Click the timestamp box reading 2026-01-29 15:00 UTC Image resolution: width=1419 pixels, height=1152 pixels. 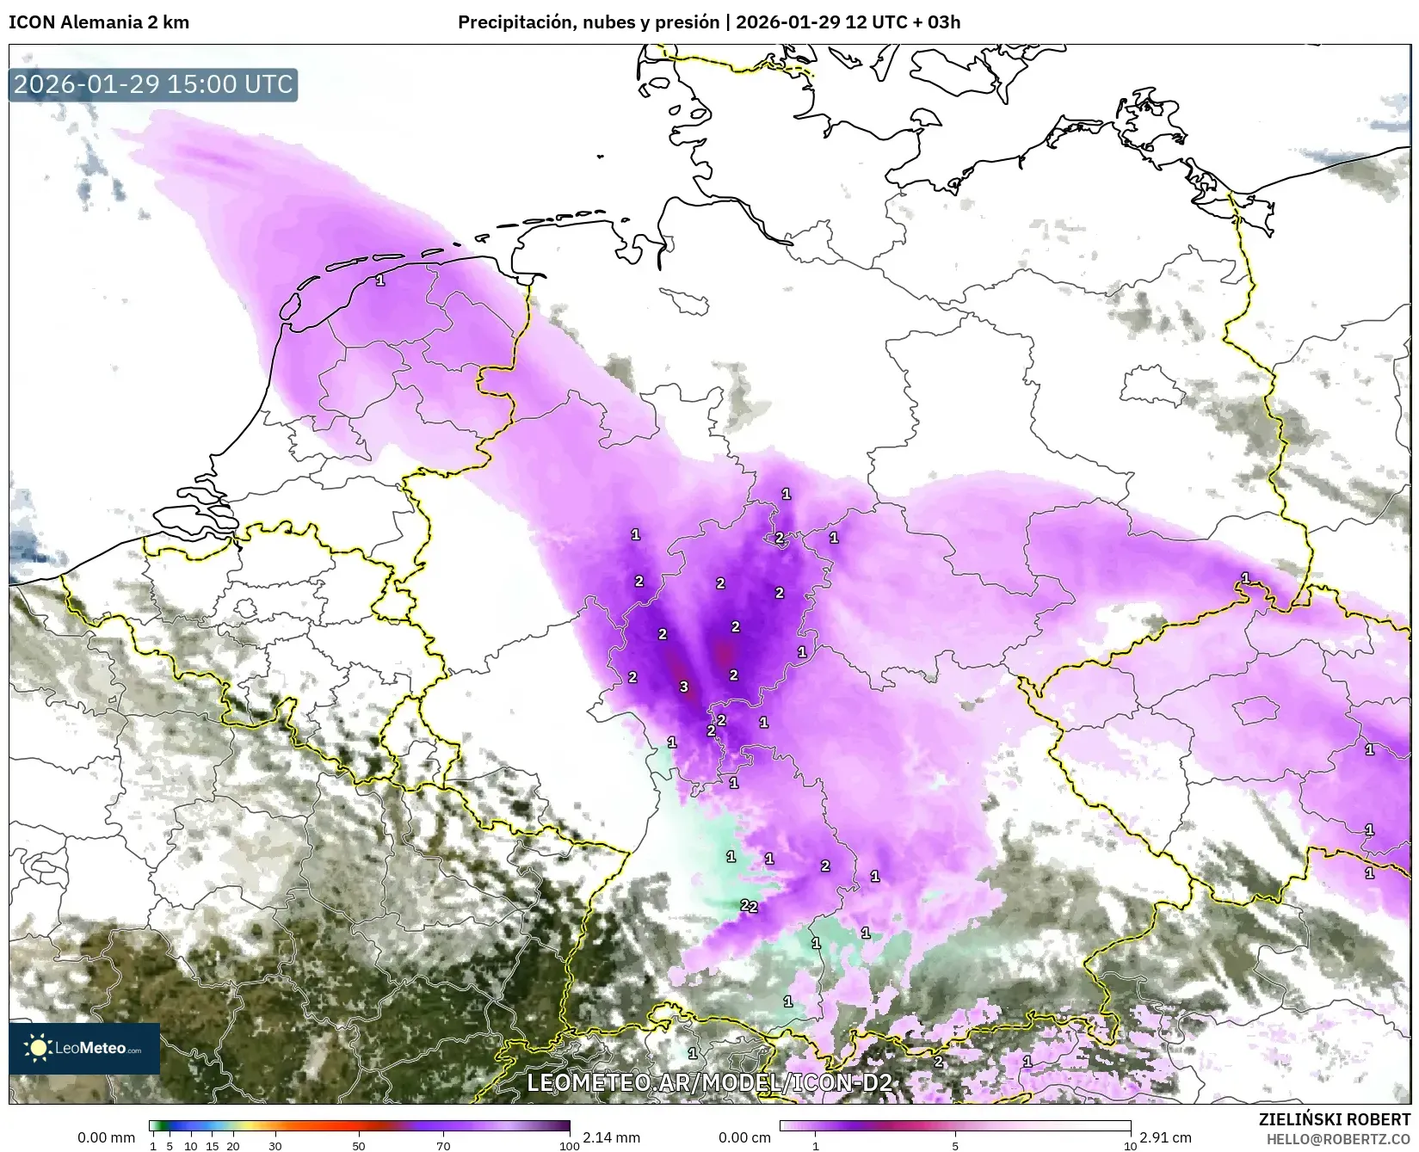pyautogui.click(x=153, y=84)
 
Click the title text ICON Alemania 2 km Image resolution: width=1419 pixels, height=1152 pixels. pyautogui.click(x=99, y=22)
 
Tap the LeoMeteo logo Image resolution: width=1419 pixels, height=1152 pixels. pyautogui.click(x=84, y=1048)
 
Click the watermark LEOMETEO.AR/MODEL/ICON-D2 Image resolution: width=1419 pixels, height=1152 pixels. pyautogui.click(x=709, y=1082)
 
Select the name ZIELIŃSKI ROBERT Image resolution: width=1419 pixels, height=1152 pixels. pyautogui.click(x=1335, y=1119)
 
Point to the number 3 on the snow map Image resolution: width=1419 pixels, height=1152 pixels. pyautogui.click(x=684, y=687)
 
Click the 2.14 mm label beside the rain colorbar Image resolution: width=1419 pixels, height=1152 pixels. pyautogui.click(x=611, y=1137)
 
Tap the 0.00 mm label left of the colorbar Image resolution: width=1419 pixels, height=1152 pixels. pyautogui.click(x=106, y=1137)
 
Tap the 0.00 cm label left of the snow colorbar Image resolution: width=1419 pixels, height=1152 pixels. pyautogui.click(x=744, y=1137)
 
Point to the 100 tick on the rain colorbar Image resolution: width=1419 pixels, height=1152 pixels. pyautogui.click(x=569, y=1146)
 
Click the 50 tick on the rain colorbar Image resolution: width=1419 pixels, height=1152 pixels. pyautogui.click(x=359, y=1146)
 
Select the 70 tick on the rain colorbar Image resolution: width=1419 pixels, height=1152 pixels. pyautogui.click(x=443, y=1146)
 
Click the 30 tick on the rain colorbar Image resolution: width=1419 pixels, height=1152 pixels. pyautogui.click(x=275, y=1146)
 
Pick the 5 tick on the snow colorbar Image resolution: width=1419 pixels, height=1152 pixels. pyautogui.click(x=955, y=1146)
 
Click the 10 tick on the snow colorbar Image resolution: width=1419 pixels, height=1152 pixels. pyautogui.click(x=1130, y=1146)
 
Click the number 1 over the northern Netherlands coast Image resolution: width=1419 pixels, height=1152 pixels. pyautogui.click(x=380, y=280)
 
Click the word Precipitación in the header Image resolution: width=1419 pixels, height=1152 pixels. pyautogui.click(x=511, y=22)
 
